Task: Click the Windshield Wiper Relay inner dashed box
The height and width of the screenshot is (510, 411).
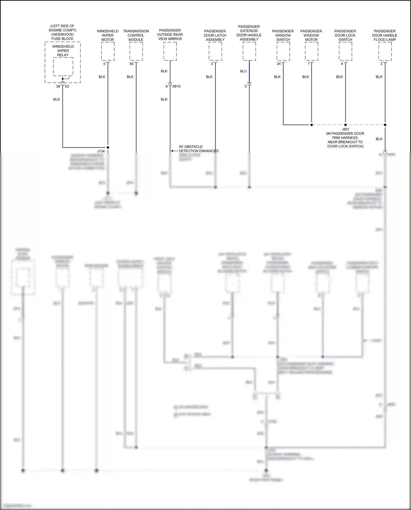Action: point(63,67)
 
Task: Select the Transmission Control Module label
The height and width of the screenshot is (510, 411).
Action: point(136,35)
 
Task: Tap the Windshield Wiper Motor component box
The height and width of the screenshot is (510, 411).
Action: point(108,51)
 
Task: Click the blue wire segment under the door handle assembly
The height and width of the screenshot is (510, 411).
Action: point(249,72)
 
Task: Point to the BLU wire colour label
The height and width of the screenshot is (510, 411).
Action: point(243,71)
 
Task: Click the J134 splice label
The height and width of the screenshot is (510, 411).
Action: point(101,151)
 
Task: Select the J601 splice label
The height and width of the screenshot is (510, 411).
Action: point(346,129)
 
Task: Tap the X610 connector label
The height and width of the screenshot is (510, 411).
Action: point(176,86)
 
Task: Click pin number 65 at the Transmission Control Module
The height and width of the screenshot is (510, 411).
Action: point(132,64)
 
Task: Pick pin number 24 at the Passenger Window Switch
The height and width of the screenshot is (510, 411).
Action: point(279,64)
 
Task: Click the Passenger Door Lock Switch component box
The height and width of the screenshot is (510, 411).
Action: point(345,51)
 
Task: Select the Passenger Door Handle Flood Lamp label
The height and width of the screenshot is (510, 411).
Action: point(385,35)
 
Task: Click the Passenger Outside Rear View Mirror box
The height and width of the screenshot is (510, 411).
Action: point(170,51)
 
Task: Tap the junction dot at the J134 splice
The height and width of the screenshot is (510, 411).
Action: point(108,147)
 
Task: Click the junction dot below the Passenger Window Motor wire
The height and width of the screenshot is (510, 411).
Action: point(312,125)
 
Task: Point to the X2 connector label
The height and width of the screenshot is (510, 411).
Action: point(67,86)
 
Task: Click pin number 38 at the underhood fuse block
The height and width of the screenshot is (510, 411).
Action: point(58,86)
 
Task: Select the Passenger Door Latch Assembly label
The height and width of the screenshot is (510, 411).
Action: point(215,35)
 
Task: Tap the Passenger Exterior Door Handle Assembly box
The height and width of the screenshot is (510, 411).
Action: point(249,51)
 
